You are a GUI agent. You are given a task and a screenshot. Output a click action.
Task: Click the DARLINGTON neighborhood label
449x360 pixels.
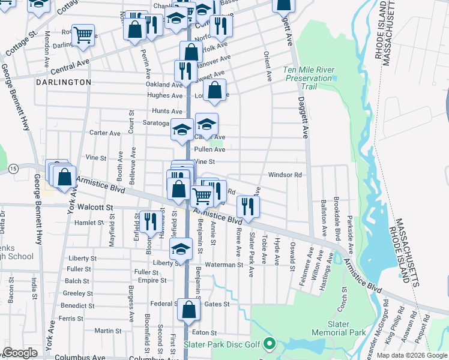pyautogui.click(x=63, y=82)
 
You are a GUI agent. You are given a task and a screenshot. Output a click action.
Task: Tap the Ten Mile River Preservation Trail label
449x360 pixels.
pyautogui.click(x=309, y=78)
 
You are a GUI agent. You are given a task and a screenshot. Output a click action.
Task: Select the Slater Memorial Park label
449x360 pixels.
pyautogui.click(x=338, y=328)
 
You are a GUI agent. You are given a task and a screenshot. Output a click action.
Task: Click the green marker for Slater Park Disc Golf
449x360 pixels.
pyautogui.click(x=270, y=344)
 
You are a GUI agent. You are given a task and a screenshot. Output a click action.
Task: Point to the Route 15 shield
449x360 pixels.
pyautogui.click(x=13, y=170)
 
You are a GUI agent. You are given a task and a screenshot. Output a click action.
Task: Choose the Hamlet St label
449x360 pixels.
pyautogui.click(x=89, y=223)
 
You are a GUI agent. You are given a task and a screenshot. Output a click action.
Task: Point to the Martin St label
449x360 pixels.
pyautogui.click(x=108, y=331)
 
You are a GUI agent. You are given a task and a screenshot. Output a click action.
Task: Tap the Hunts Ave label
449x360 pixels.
pyautogui.click(x=167, y=111)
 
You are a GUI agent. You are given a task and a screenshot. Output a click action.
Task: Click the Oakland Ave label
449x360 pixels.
pyautogui.click(x=164, y=85)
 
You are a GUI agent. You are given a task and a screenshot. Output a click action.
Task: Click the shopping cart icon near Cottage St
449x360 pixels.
pyautogui.click(x=83, y=34)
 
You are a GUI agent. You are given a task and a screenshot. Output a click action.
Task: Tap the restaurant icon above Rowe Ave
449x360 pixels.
pyautogui.click(x=247, y=206)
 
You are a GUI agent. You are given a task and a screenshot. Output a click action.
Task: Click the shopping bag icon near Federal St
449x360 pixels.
pyautogui.click(x=188, y=310)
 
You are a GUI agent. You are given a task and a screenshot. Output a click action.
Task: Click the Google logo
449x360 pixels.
pyautogui.click(x=20, y=353)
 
